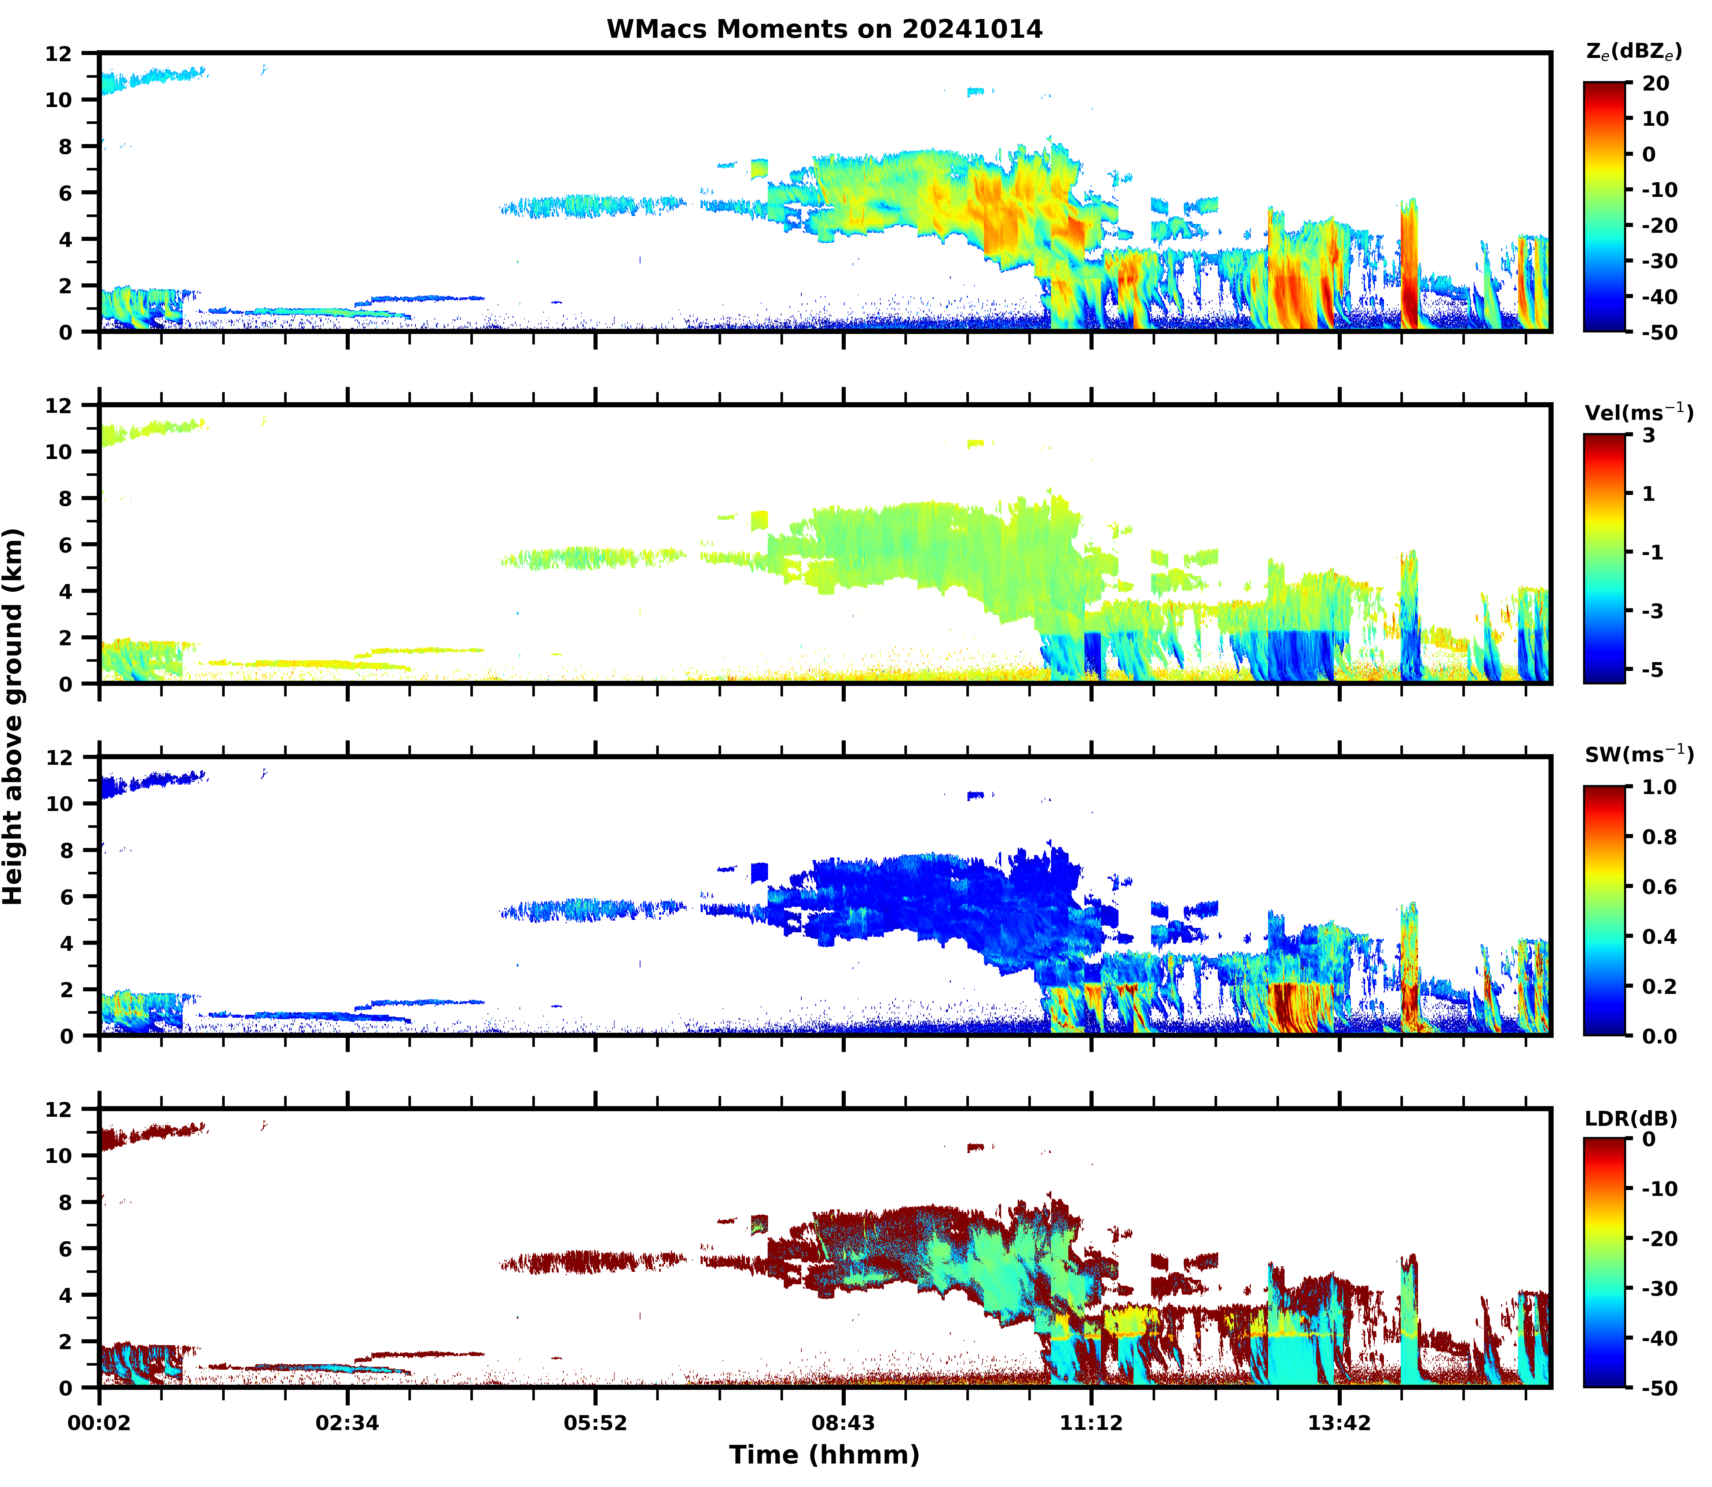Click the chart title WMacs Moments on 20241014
tap(824, 29)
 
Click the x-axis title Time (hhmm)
tap(824, 1455)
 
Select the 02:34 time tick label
tap(347, 1423)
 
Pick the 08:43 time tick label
tap(843, 1423)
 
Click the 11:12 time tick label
tap(1091, 1423)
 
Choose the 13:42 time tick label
tap(1340, 1423)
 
